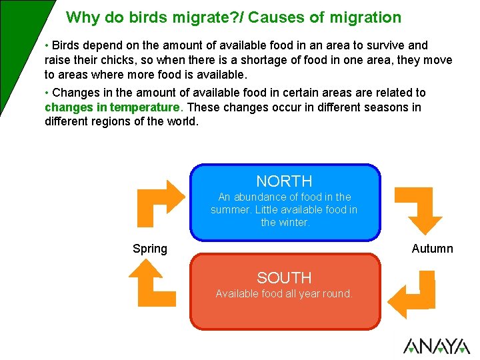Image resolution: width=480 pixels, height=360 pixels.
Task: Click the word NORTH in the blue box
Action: tap(284, 181)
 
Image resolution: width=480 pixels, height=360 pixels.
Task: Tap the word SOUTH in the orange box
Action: tap(284, 277)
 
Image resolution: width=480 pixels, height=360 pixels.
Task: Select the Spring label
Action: tap(150, 249)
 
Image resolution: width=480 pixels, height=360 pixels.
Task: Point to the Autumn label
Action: tap(432, 249)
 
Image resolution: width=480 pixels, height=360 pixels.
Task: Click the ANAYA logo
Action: tap(436, 346)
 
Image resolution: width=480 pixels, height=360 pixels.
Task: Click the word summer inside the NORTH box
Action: tap(233, 210)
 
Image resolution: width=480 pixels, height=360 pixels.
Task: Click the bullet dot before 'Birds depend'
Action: tap(47, 45)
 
